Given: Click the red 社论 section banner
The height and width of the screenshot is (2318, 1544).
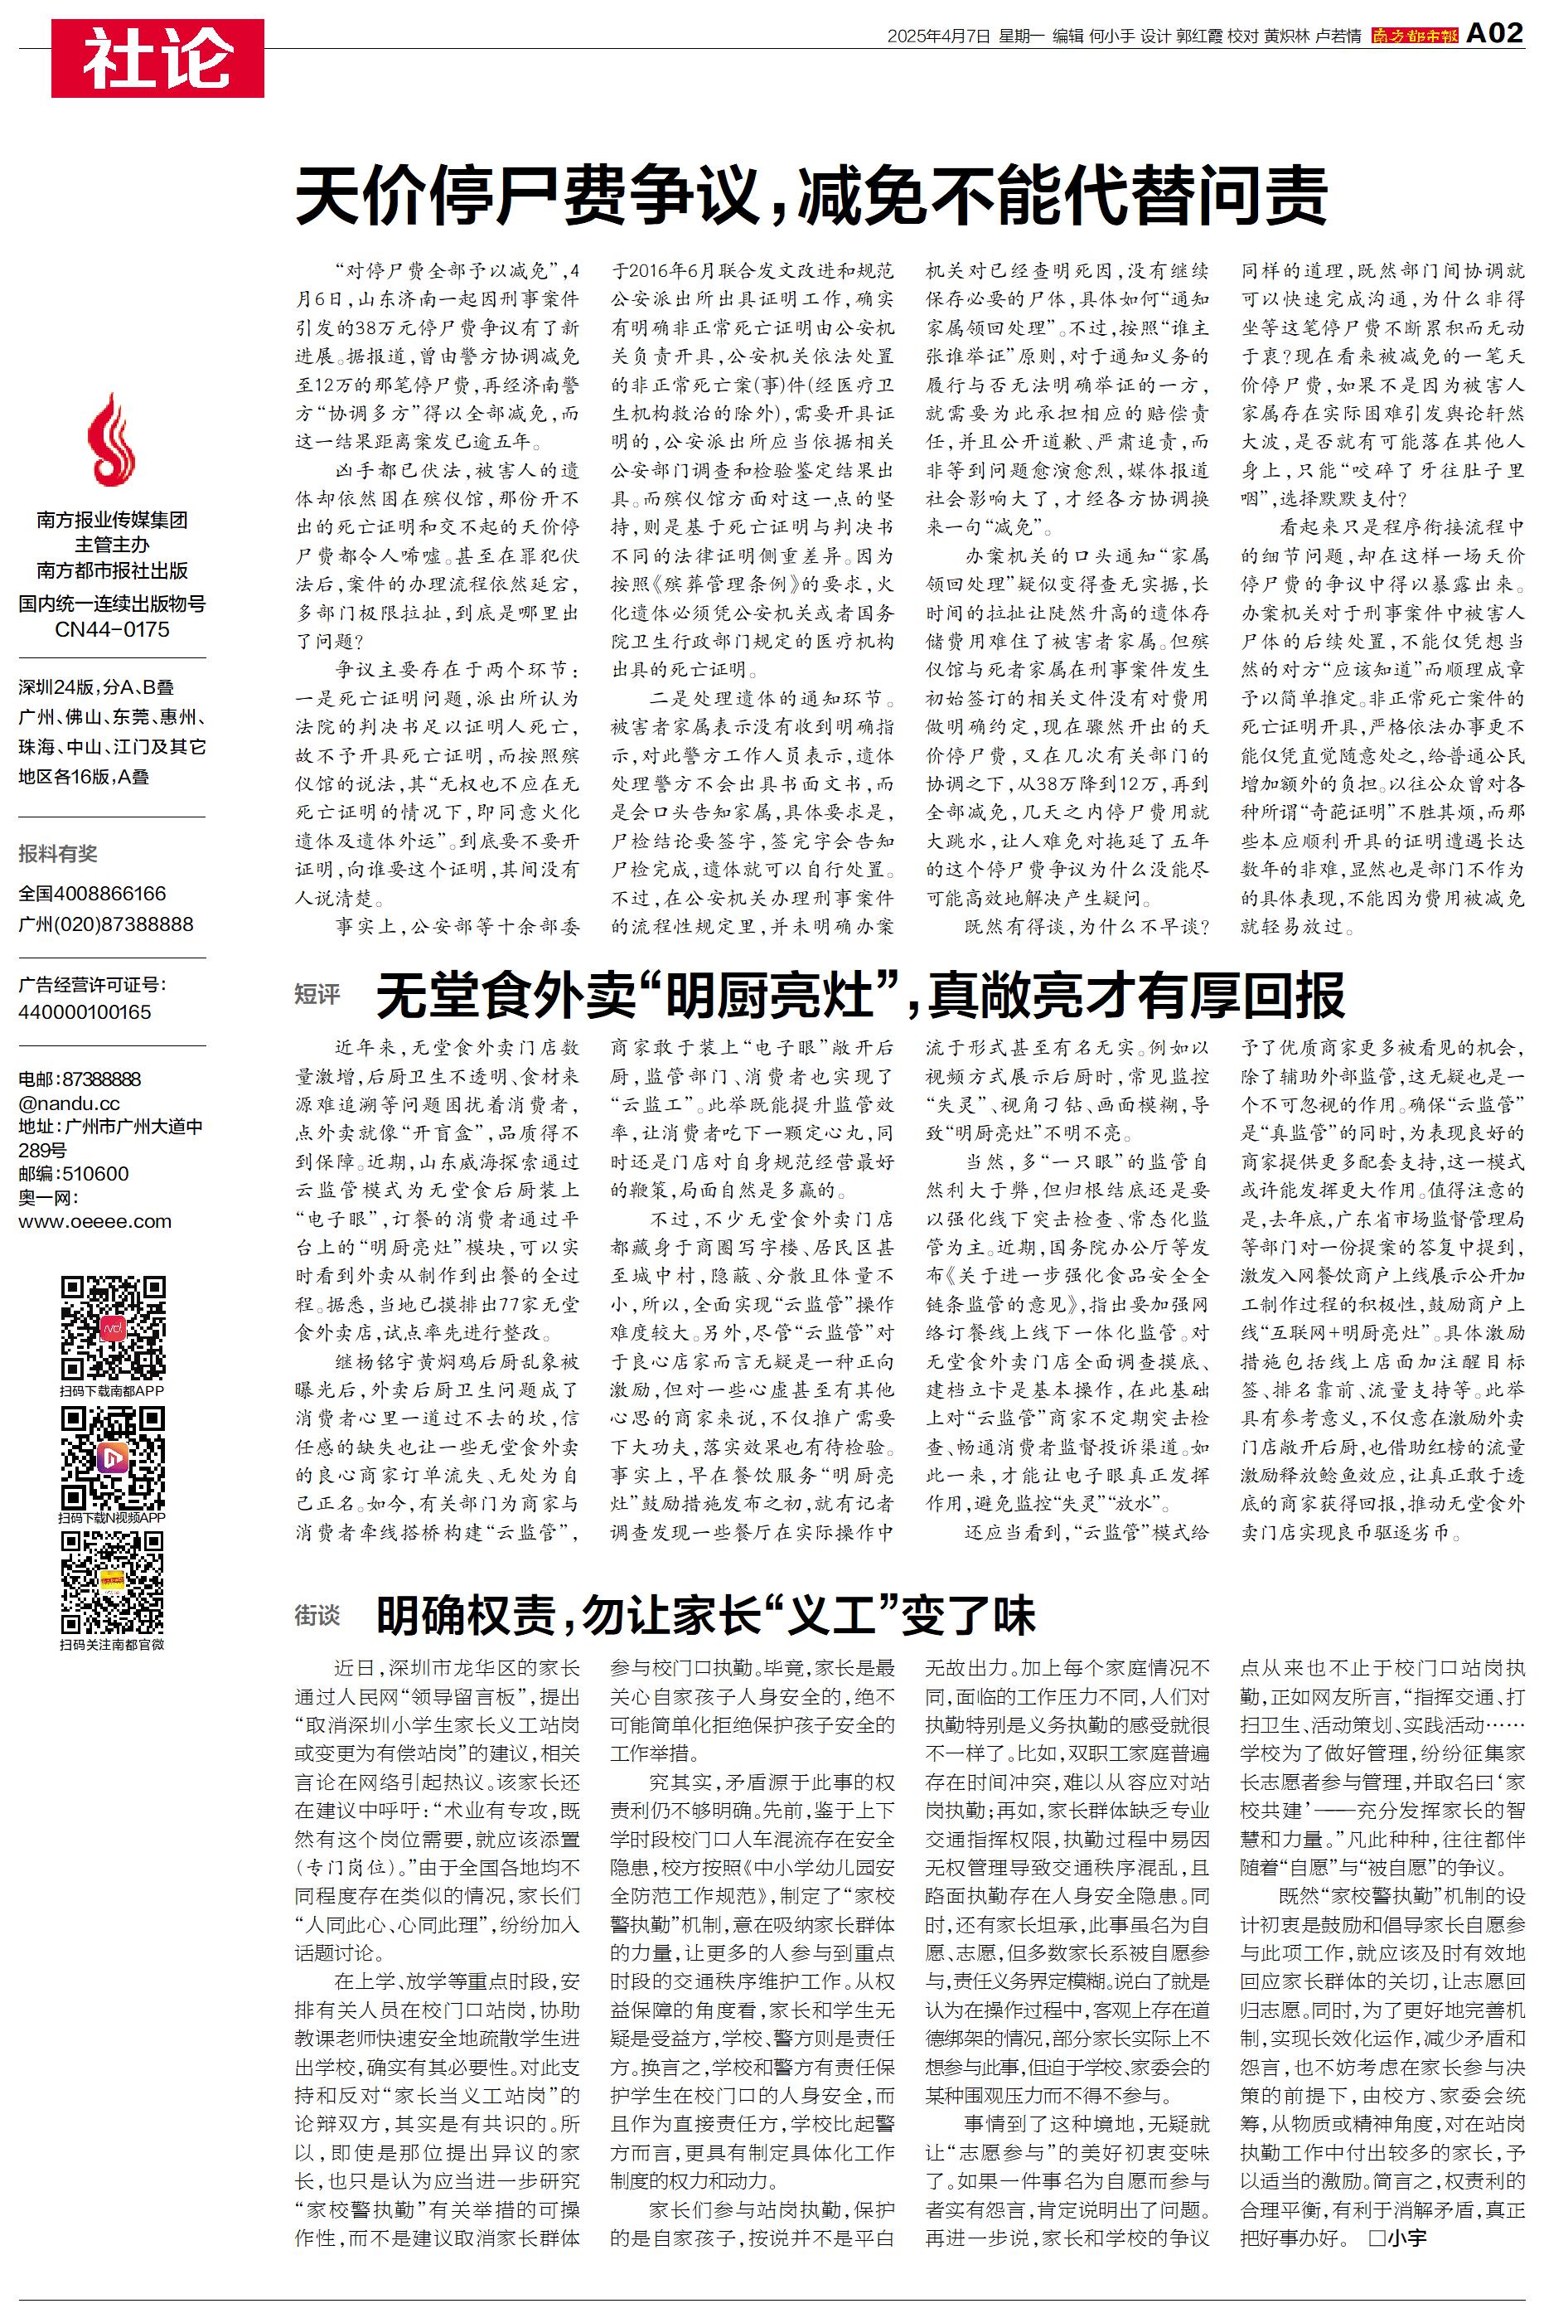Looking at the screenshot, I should tap(157, 58).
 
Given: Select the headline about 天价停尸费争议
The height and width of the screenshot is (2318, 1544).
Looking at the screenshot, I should tap(811, 195).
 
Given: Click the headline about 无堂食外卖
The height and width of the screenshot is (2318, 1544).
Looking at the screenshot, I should tap(859, 996).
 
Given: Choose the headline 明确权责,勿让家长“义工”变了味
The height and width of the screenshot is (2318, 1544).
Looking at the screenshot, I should tap(705, 1615).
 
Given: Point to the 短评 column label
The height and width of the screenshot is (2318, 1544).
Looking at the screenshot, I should tap(317, 995).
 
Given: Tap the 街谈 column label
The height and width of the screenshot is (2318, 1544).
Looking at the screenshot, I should tap(317, 1615).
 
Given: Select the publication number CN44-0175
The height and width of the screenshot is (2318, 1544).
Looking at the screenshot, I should tap(111, 629).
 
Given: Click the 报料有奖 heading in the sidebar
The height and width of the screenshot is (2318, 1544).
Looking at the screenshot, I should tap(58, 854).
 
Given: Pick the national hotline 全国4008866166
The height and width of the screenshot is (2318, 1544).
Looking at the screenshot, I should tap(93, 894).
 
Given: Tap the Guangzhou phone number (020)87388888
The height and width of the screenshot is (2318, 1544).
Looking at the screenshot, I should tap(106, 924).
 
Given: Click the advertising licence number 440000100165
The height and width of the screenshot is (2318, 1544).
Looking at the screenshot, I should tap(85, 1012).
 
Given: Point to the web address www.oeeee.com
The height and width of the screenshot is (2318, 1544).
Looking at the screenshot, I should tap(94, 1222).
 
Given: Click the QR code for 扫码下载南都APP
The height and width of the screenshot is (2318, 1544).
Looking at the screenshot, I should tap(112, 1328).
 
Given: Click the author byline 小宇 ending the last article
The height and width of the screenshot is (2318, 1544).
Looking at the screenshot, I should tap(1398, 2238).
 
